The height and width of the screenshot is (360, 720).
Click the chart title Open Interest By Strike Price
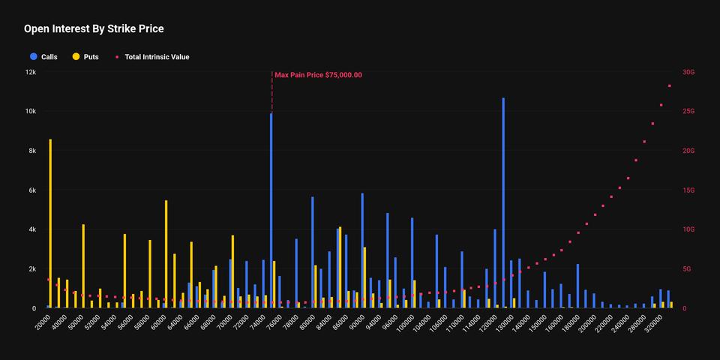[x=94, y=29]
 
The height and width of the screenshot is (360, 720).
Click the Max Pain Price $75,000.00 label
[x=318, y=75]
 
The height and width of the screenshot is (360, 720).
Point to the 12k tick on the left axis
[x=30, y=72]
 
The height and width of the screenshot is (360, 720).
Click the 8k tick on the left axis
[x=31, y=151]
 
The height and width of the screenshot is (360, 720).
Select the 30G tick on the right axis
[x=688, y=72]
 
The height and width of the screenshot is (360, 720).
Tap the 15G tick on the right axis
[x=688, y=190]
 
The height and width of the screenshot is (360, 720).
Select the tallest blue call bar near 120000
[x=503, y=202]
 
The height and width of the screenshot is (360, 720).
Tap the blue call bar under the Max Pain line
[x=271, y=210]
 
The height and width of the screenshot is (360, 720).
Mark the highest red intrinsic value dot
[x=669, y=86]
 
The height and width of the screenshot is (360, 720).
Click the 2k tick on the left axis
[x=31, y=269]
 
